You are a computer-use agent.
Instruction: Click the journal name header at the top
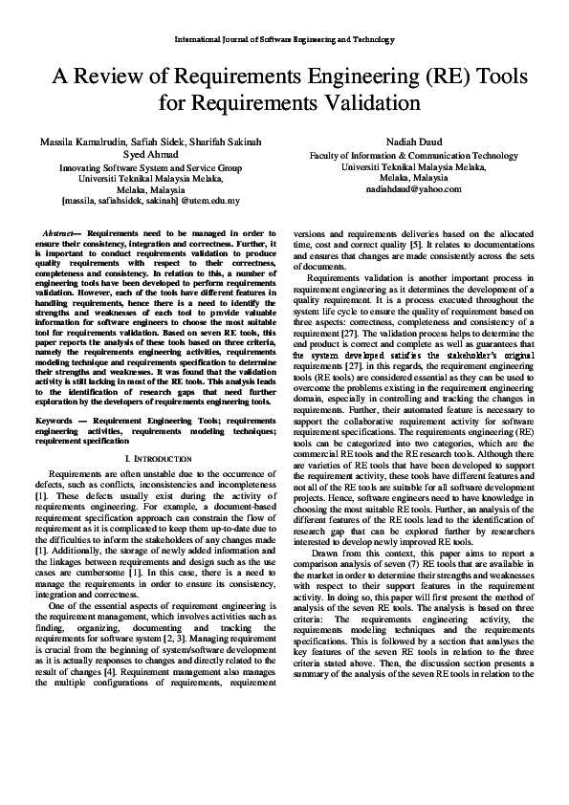pyautogui.click(x=284, y=40)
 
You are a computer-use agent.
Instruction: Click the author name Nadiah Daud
pyautogui.click(x=414, y=141)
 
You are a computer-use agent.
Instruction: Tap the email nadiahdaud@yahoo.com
pyautogui.click(x=414, y=189)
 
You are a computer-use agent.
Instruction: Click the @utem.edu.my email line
pyautogui.click(x=150, y=202)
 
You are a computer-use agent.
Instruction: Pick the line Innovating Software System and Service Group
pyautogui.click(x=150, y=166)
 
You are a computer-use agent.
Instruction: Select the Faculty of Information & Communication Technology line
pyautogui.click(x=414, y=155)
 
